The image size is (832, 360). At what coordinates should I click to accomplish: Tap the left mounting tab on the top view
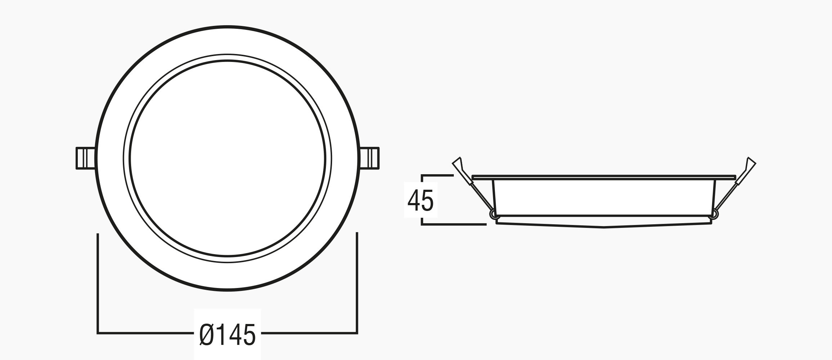click(86, 158)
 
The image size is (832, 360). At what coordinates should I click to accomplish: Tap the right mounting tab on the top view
click(370, 158)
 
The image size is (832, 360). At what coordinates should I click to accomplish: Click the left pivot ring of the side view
click(493, 215)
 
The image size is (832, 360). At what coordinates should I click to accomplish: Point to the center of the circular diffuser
click(228, 158)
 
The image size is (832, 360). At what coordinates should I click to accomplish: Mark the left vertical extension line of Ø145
click(98, 283)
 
